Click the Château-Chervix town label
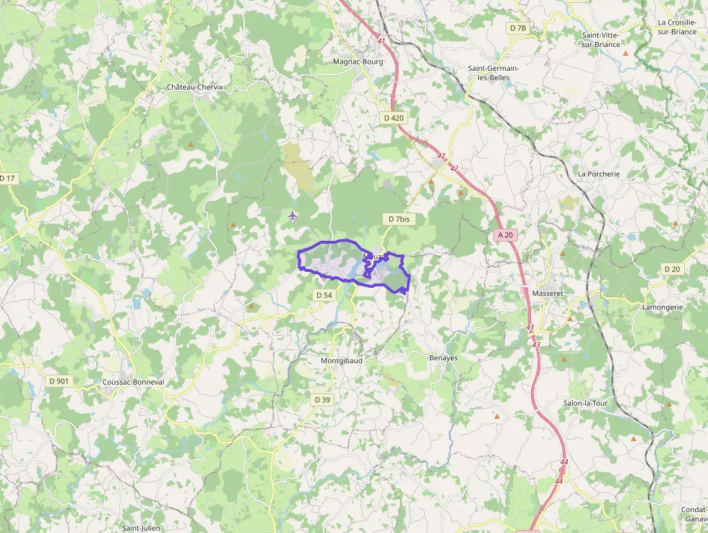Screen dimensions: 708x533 195,87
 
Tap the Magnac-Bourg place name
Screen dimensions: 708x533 358,61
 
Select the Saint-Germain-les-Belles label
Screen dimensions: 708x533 498,73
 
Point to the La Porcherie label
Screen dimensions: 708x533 599,174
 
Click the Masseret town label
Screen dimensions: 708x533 547,294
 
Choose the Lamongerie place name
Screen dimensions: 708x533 663,307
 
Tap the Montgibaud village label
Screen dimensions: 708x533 342,359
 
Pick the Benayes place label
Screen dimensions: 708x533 444,357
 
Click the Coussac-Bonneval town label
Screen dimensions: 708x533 134,382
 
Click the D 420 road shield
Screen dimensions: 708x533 394,117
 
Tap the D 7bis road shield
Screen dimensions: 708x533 399,218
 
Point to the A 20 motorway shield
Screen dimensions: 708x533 506,234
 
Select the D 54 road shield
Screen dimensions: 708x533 324,295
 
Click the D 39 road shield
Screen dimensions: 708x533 322,399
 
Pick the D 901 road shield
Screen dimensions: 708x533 59,380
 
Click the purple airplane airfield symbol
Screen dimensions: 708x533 293,215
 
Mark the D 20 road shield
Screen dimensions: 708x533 672,269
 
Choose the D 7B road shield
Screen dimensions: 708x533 517,27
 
